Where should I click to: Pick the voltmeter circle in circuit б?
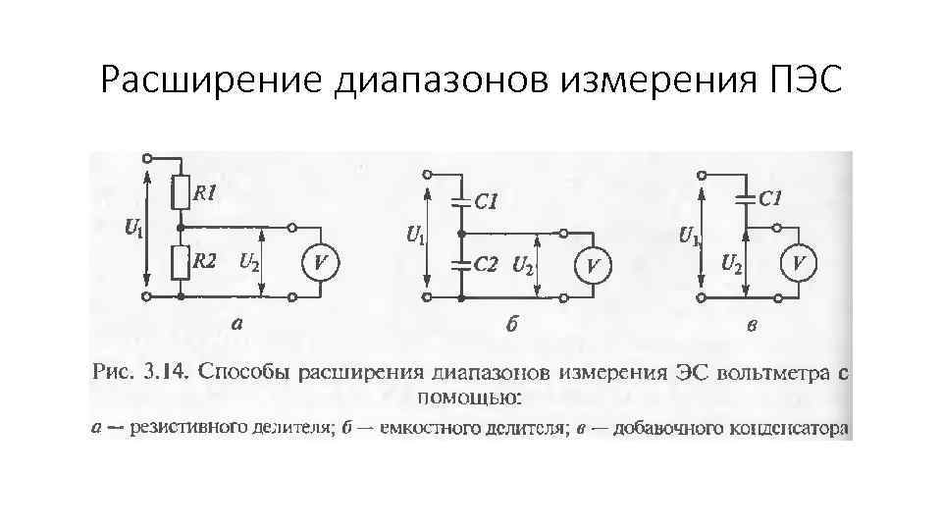point(594,265)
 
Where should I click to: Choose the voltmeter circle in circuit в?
point(800,263)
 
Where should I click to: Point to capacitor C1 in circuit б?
point(458,203)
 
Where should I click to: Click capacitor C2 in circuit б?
point(458,264)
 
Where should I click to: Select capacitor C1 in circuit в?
point(746,199)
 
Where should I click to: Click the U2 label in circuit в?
point(731,262)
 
